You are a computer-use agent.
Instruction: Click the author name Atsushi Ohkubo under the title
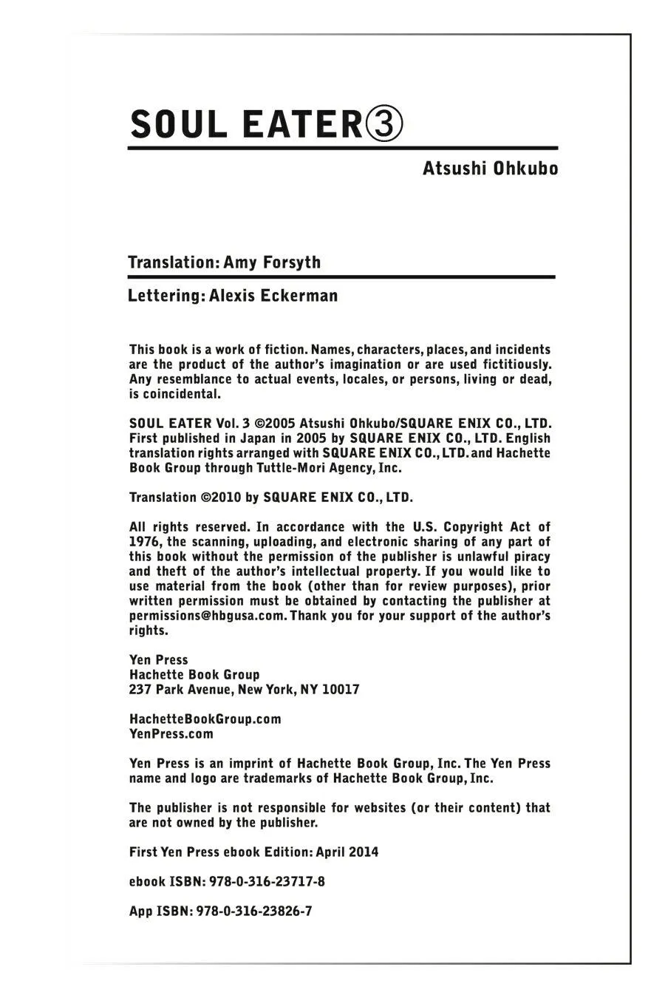click(x=490, y=169)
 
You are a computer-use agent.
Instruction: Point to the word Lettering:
click(x=166, y=296)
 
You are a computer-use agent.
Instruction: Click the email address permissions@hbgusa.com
click(x=207, y=616)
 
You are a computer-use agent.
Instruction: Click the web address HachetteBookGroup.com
click(x=205, y=719)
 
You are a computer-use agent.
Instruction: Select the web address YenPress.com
click(x=171, y=734)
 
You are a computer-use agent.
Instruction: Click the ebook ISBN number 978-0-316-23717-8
click(x=262, y=882)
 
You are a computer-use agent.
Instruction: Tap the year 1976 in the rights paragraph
click(x=145, y=542)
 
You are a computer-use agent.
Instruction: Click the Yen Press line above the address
click(x=158, y=660)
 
